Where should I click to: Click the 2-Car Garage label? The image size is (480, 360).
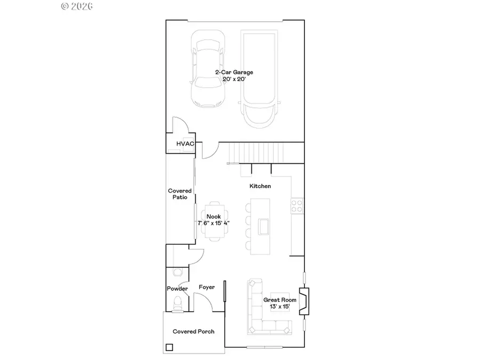click(234, 72)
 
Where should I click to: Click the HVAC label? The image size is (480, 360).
click(185, 143)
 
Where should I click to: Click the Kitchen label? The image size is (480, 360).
click(260, 186)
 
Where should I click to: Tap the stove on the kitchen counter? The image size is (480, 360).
click(297, 206)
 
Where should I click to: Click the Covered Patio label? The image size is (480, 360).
click(180, 194)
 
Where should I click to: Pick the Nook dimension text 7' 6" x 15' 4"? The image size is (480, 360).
click(214, 223)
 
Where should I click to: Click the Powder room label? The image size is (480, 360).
click(178, 289)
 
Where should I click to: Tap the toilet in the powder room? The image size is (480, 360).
click(178, 304)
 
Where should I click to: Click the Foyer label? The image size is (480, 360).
click(207, 287)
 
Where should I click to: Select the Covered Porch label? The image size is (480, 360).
click(194, 331)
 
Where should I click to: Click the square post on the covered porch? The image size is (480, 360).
click(169, 348)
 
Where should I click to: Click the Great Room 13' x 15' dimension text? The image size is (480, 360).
click(279, 307)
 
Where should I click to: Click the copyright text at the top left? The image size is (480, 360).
click(77, 6)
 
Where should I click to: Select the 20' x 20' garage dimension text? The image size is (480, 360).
click(234, 79)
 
